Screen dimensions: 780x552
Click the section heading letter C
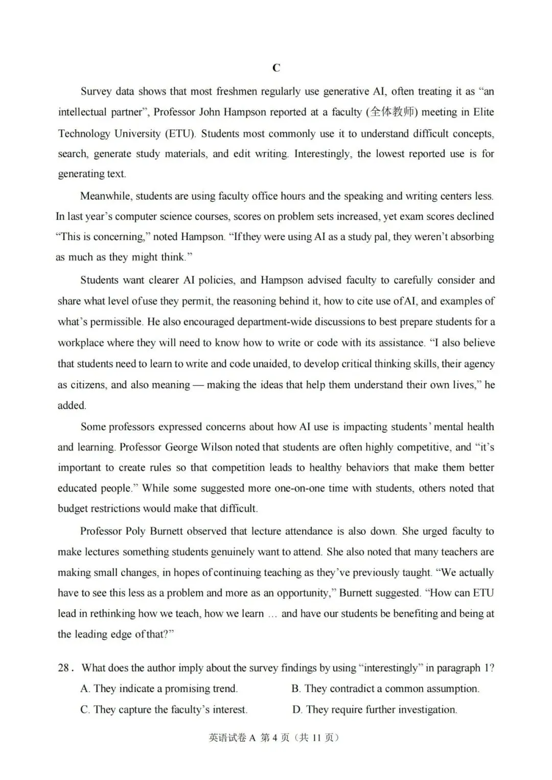pyautogui.click(x=276, y=68)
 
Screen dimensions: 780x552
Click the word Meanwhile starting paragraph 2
pyautogui.click(x=105, y=196)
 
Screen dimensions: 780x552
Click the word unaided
pyautogui.click(x=269, y=364)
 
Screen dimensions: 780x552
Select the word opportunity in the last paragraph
pyautogui.click(x=303, y=593)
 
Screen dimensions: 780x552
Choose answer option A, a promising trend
pyautogui.click(x=159, y=689)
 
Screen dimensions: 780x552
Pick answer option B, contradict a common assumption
pyautogui.click(x=385, y=689)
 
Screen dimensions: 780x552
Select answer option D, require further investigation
pyautogui.click(x=375, y=710)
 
